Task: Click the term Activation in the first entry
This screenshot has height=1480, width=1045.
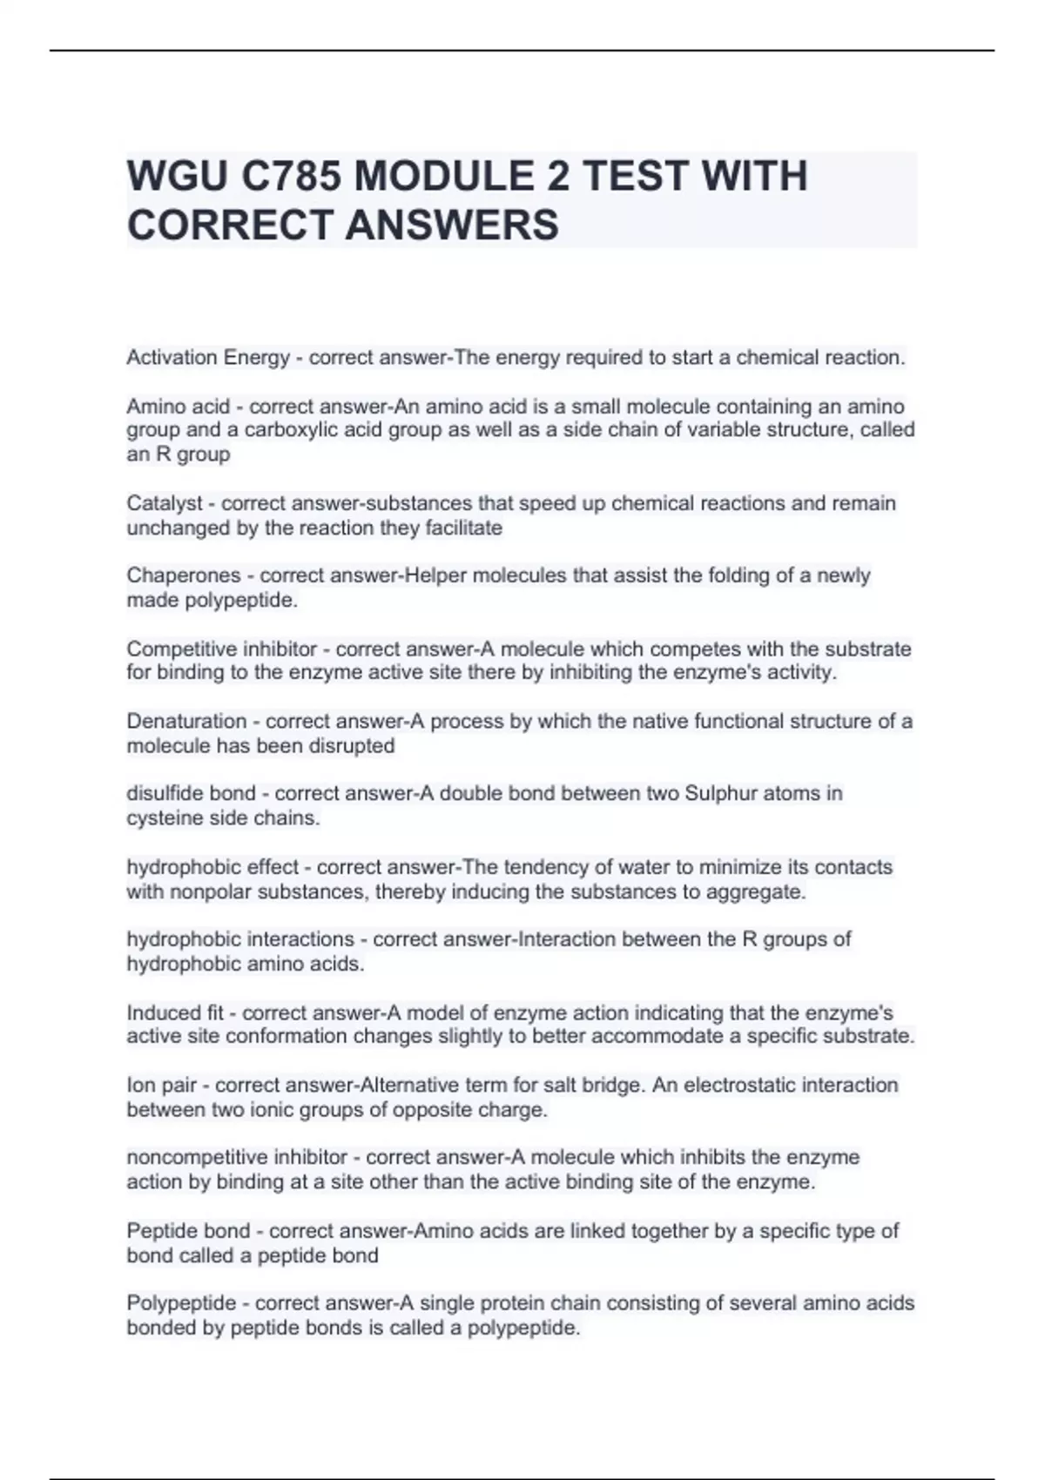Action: (172, 358)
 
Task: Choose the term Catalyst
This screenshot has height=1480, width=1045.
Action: (164, 503)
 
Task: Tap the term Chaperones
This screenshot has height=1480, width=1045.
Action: (183, 575)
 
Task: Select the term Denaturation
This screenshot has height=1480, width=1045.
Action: (186, 721)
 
